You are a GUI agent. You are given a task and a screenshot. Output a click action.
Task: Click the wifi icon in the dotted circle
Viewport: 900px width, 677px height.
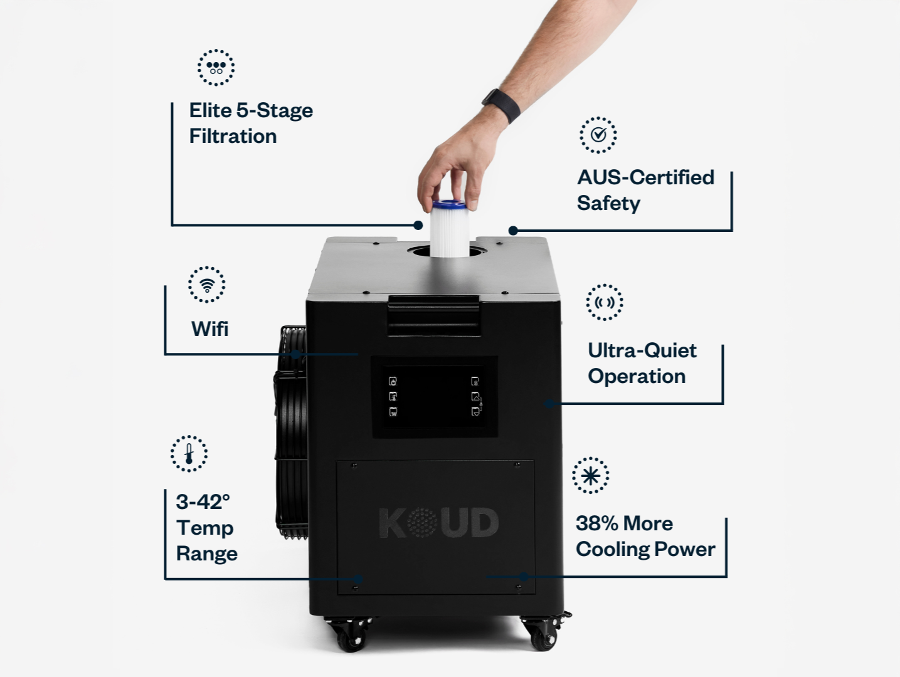[x=206, y=285]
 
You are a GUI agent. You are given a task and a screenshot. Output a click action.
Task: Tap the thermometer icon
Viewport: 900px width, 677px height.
[x=189, y=454]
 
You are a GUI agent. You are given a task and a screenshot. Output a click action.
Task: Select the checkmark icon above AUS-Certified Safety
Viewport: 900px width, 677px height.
[x=598, y=135]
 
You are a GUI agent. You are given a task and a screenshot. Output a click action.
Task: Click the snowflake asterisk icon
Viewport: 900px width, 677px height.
[x=590, y=475]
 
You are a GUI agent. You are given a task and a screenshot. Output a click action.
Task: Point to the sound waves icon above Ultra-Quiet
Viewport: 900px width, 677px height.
[x=605, y=302]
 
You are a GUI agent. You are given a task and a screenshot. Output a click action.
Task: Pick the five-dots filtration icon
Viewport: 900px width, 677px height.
[x=216, y=68]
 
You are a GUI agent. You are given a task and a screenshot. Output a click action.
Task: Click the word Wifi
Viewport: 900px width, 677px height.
[x=210, y=328]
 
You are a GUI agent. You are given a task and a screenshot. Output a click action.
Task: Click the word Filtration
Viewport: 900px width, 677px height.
[x=233, y=136]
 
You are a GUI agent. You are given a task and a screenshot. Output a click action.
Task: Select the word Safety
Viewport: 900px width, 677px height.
[x=608, y=204]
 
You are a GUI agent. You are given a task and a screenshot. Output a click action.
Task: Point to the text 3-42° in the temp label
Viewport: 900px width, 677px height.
[x=203, y=501]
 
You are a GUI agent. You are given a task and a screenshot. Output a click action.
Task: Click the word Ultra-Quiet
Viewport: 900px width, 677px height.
[x=642, y=351]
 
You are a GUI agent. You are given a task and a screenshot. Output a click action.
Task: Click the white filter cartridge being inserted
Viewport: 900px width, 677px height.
[x=450, y=228]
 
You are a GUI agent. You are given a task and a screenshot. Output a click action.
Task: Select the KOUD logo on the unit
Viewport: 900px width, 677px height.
[x=439, y=523]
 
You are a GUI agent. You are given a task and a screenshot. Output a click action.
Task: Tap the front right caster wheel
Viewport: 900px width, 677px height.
[x=544, y=632]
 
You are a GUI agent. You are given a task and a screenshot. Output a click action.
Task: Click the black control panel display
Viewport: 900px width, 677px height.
[x=434, y=397]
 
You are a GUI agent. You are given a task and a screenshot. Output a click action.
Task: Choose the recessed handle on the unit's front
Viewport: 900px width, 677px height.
[x=434, y=315]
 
